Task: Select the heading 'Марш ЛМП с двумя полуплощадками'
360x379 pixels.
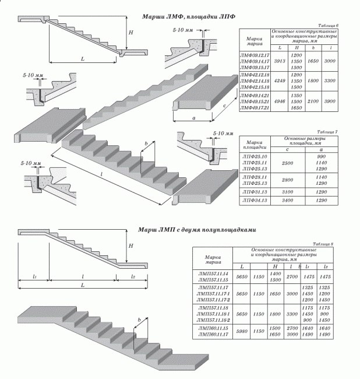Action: point(196,230)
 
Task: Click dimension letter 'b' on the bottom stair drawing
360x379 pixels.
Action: point(139,320)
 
